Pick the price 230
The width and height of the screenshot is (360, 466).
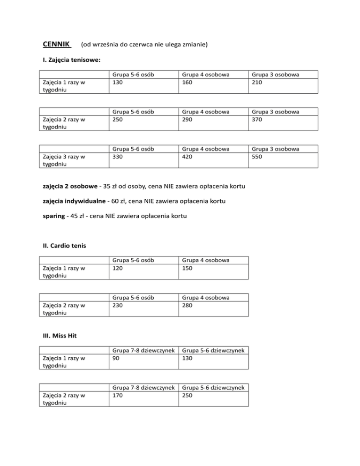118,305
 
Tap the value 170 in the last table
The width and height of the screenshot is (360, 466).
118,395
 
